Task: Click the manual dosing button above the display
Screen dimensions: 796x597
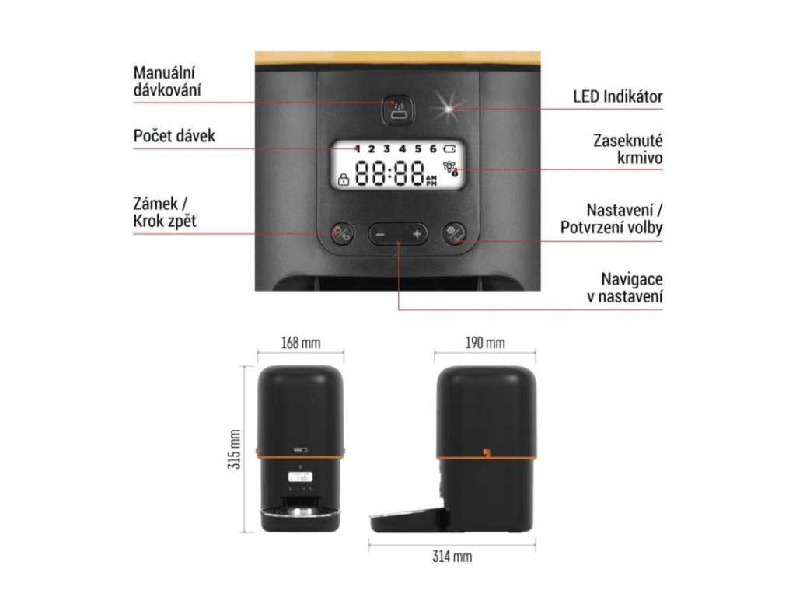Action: [398, 110]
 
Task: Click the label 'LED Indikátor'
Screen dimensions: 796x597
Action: [617, 97]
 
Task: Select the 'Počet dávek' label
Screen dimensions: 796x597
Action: [174, 136]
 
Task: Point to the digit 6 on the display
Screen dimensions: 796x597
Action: [432, 148]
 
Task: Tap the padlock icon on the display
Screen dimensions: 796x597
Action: [342, 180]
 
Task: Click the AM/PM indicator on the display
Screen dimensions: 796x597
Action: [432, 181]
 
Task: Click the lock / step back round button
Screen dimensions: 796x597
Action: [343, 232]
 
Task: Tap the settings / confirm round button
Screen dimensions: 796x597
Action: [455, 232]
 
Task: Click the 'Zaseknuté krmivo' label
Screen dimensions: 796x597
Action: [627, 149]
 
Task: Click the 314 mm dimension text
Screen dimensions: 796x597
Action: [452, 557]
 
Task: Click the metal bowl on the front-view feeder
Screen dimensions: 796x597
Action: [299, 514]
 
